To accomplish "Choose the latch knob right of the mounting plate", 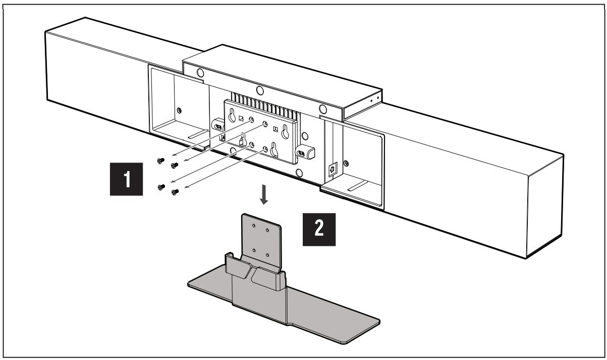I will coord(306,150).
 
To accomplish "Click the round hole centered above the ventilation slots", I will coord(259,90).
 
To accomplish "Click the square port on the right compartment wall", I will coord(333,169).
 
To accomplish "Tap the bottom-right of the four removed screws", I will coord(176,192).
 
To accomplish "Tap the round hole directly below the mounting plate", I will coord(300,173).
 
